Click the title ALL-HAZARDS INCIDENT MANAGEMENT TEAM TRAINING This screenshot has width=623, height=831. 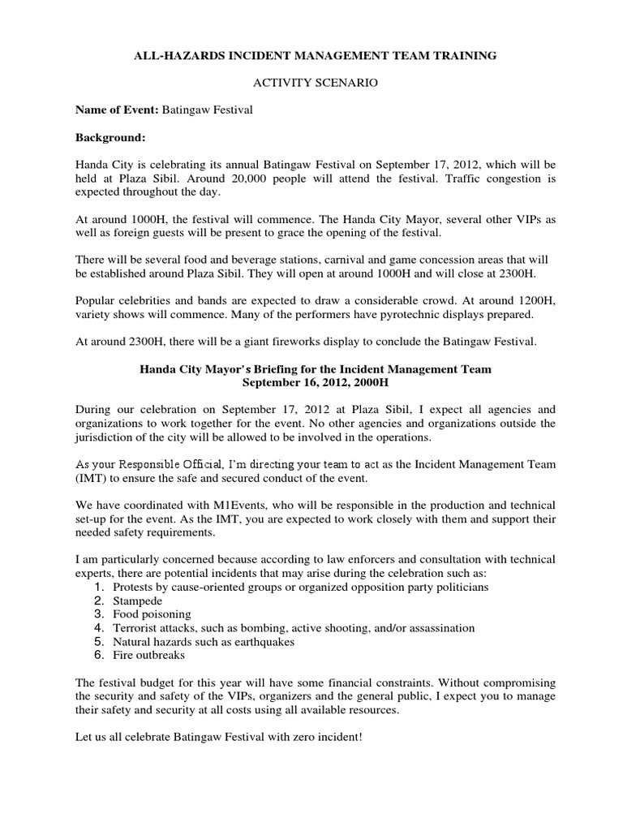pos(311,56)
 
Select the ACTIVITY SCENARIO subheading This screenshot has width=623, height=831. pos(311,83)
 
